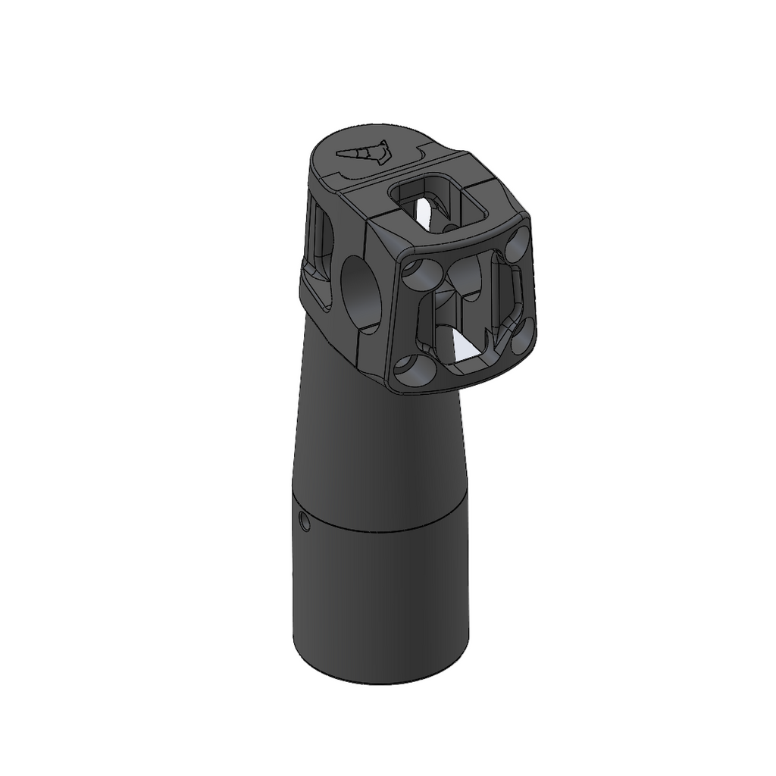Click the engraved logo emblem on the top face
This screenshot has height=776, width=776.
363,153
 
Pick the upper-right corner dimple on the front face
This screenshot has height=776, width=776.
519,245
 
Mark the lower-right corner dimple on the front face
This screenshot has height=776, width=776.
523,335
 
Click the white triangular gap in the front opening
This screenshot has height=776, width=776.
462,346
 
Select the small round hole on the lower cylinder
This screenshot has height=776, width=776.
303,521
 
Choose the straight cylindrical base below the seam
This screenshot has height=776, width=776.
379,599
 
